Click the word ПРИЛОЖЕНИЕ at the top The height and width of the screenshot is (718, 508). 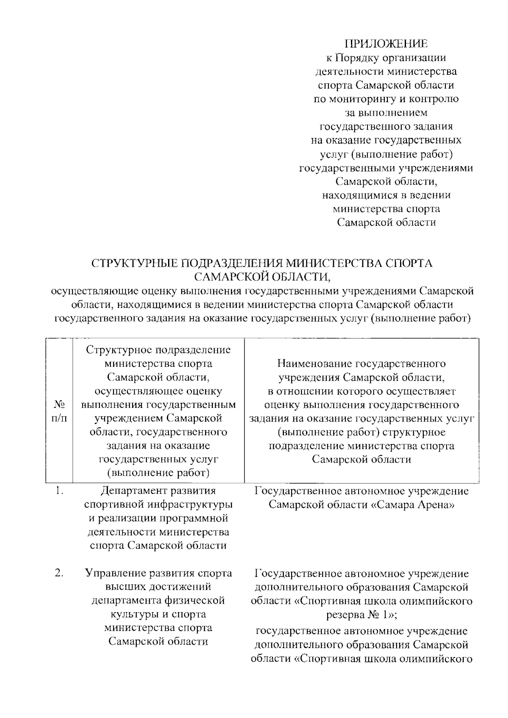(386, 44)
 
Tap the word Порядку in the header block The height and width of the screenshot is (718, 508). (358, 58)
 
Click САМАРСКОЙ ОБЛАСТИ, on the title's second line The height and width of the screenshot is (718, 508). (262, 277)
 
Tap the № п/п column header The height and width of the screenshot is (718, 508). (59, 411)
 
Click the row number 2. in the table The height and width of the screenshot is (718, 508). (59, 574)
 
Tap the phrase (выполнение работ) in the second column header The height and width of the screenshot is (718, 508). (158, 473)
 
